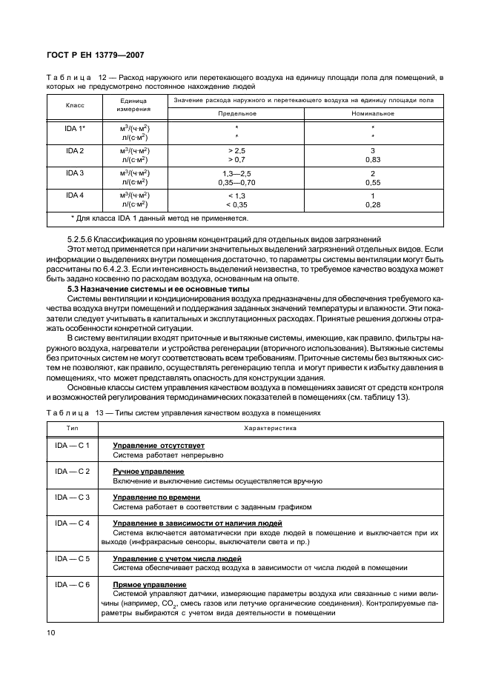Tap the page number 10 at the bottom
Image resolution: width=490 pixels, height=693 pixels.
pyautogui.click(x=51, y=632)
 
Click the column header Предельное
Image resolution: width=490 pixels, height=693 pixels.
pyautogui.click(x=236, y=113)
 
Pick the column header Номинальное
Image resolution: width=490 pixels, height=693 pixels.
pyautogui.click(x=373, y=113)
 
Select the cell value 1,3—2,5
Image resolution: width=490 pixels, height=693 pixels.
pyautogui.click(x=236, y=173)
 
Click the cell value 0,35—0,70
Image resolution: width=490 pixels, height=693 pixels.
pyautogui.click(x=236, y=181)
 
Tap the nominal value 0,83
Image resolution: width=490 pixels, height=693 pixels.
pyautogui.click(x=373, y=159)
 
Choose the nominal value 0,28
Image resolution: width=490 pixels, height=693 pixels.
pyautogui.click(x=373, y=204)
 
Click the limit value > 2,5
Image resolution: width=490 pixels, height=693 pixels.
pyautogui.click(x=236, y=150)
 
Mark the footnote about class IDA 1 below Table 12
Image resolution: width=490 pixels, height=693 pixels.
pyautogui.click(x=159, y=218)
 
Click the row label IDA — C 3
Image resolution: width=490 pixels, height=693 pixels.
pyautogui.click(x=72, y=497)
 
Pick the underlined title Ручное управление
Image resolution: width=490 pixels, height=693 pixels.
pyautogui.click(x=148, y=471)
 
